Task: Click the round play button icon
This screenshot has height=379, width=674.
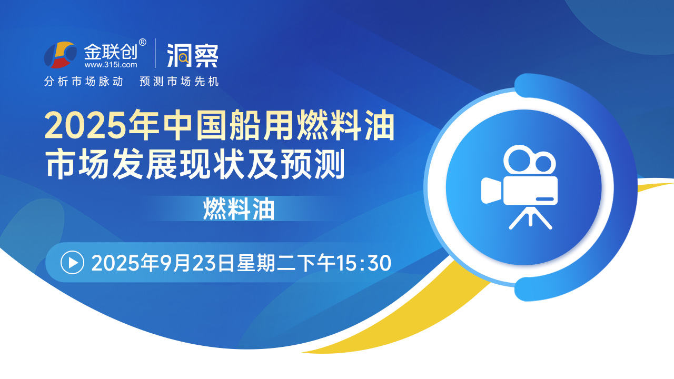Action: point(72,263)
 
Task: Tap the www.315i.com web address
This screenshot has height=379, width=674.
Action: point(111,65)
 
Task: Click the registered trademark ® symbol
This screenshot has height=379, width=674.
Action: point(143,43)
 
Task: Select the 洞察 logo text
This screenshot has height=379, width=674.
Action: point(192,56)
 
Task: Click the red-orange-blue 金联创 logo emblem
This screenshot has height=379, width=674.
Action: point(60,55)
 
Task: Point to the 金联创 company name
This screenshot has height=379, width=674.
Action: point(111,52)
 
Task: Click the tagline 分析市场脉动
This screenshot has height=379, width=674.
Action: point(84,81)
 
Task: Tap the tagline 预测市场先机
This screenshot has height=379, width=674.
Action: point(179,81)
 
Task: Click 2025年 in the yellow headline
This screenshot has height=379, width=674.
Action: point(102,125)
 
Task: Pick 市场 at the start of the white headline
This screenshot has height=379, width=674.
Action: point(77,164)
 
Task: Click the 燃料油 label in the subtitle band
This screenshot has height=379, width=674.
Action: point(239,209)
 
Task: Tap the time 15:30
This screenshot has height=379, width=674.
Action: point(363,263)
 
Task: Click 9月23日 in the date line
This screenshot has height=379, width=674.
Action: point(197,263)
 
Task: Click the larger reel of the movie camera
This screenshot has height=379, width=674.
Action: point(519,160)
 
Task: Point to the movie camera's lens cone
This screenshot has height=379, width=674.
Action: point(492,191)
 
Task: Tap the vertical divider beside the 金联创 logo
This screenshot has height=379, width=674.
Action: point(155,53)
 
